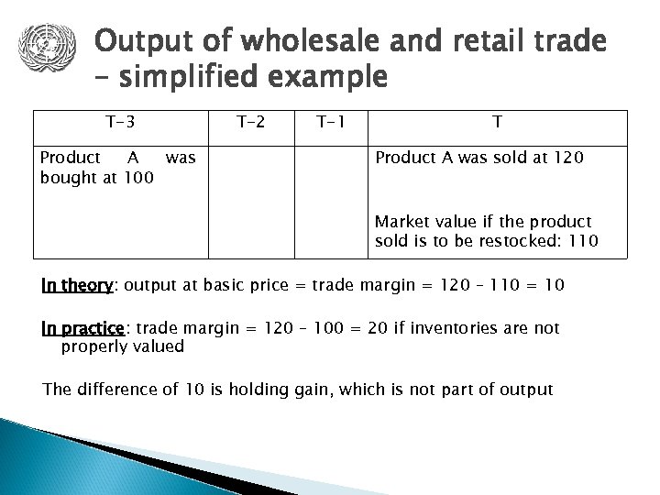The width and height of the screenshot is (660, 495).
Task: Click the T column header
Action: pos(496,120)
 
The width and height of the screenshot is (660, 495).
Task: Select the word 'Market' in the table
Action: pos(400,222)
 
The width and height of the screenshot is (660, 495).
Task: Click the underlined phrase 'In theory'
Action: pos(75,285)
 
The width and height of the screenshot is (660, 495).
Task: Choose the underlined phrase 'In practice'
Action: pos(82,327)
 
